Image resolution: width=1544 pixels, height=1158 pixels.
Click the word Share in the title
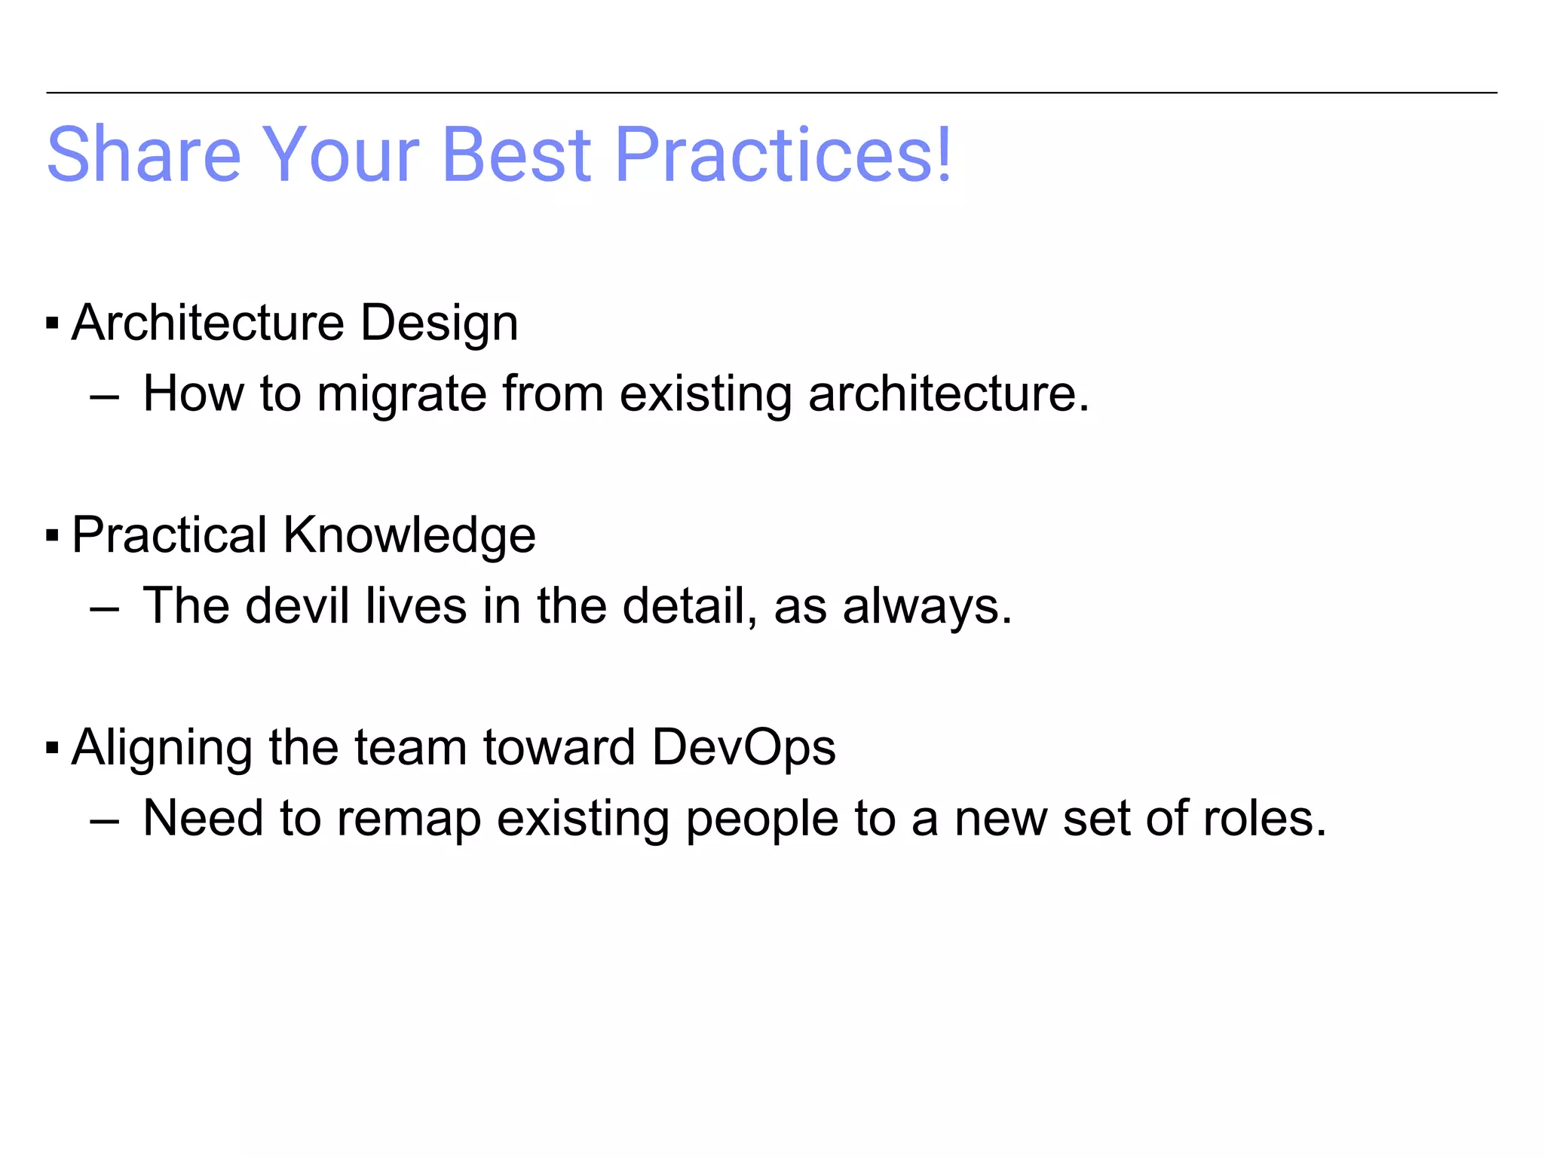pos(143,155)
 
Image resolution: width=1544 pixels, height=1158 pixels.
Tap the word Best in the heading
pos(516,155)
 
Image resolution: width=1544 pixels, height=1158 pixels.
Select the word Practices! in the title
pos(784,155)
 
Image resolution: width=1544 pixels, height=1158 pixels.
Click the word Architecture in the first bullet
pos(208,323)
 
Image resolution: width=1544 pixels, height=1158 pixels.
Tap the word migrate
pos(402,394)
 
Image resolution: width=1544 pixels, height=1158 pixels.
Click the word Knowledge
pos(409,535)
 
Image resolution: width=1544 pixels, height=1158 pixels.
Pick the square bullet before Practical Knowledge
pos(52,536)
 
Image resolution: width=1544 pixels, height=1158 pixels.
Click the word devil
pos(297,605)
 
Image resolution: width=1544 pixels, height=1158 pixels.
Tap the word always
pos(927,607)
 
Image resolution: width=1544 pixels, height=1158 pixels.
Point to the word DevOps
pos(743,748)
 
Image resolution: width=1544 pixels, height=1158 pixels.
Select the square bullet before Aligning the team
pos(52,749)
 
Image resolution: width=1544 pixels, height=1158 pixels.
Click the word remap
pos(409,819)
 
